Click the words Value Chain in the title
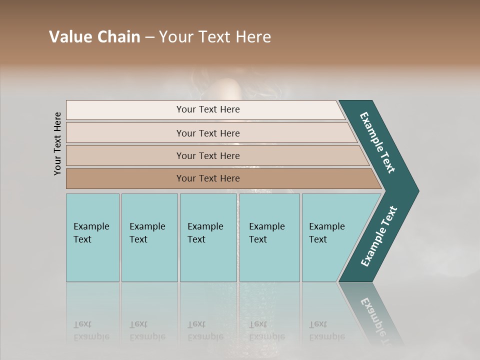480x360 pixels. pyautogui.click(x=94, y=37)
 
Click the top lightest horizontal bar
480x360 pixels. pyautogui.click(x=125, y=110)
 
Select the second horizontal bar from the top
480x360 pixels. pyautogui.click(x=125, y=133)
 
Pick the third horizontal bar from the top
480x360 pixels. pyautogui.click(x=125, y=155)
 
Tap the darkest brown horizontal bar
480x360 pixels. pyautogui.click(x=125, y=178)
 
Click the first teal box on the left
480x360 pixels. pyautogui.click(x=92, y=260)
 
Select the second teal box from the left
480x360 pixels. pyautogui.click(x=149, y=260)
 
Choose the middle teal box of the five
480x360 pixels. pyautogui.click(x=208, y=260)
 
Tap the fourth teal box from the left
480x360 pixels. pyautogui.click(x=269, y=260)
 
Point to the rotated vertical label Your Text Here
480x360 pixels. pyautogui.click(x=57, y=143)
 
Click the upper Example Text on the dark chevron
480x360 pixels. pyautogui.click(x=377, y=142)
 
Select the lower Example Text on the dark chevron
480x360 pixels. pyautogui.click(x=379, y=236)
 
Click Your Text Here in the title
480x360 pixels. pyautogui.click(x=215, y=37)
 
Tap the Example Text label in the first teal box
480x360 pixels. pyautogui.click(x=91, y=232)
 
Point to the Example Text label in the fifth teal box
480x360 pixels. pyautogui.click(x=326, y=232)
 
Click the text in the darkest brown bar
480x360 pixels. pyautogui.click(x=208, y=178)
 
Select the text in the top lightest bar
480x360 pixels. pyautogui.click(x=208, y=109)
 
